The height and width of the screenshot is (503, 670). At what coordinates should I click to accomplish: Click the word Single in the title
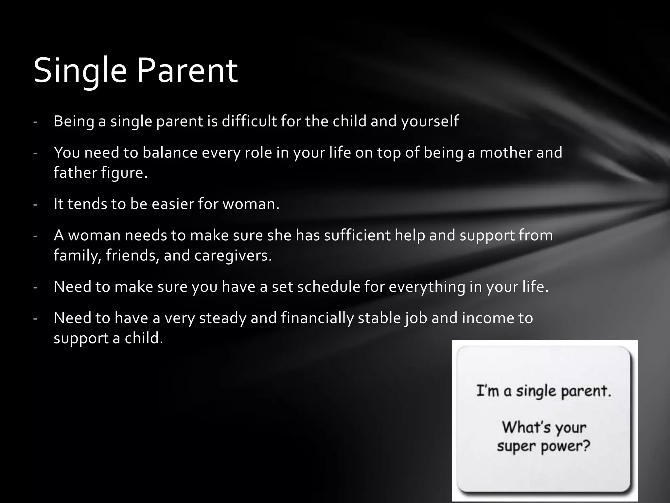point(80,71)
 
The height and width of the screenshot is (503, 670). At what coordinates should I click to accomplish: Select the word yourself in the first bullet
point(430,122)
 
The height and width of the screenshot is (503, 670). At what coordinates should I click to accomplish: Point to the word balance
point(170,153)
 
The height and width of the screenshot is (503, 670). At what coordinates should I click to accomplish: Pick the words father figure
point(100,173)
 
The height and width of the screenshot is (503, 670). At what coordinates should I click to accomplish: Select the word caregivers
point(233,256)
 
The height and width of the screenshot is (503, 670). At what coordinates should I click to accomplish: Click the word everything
point(427,287)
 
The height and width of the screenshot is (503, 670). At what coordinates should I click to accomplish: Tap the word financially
point(317,318)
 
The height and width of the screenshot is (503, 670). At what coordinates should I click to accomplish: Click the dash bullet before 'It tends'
point(35,205)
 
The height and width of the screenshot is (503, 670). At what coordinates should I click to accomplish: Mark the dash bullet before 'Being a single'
point(35,122)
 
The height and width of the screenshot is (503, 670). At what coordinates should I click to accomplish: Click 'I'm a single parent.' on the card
point(543,391)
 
